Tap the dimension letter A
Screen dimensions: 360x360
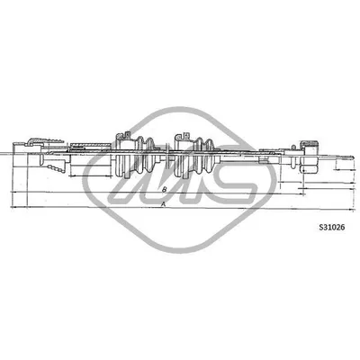point(162,203)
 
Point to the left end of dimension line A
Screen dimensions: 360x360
point(11,207)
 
